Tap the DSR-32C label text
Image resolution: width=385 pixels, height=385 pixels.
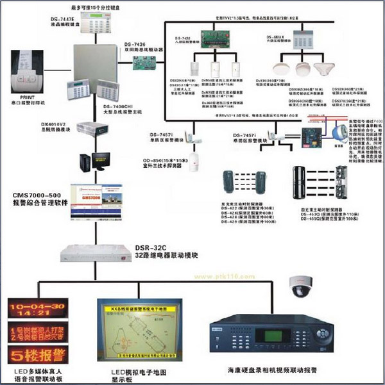151,247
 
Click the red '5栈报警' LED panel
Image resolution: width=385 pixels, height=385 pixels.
36,354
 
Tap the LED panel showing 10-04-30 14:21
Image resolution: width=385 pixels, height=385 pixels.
36,310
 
